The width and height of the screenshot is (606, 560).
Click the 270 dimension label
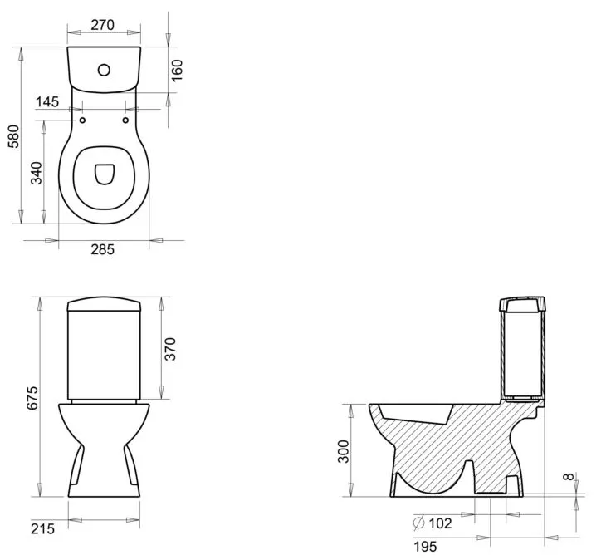coord(103,25)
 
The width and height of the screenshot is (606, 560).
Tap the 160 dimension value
coord(177,71)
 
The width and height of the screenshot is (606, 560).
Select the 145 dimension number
coord(47,101)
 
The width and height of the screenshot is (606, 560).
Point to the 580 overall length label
coord(13,136)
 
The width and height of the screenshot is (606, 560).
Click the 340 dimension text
coord(37,174)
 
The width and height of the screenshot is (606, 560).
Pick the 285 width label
coord(103,249)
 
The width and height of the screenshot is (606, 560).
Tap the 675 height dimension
coord(32,397)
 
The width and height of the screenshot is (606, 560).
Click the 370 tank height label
coord(170,349)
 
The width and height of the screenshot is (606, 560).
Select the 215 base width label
coord(43,528)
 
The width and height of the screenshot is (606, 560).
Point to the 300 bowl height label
coord(343,451)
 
